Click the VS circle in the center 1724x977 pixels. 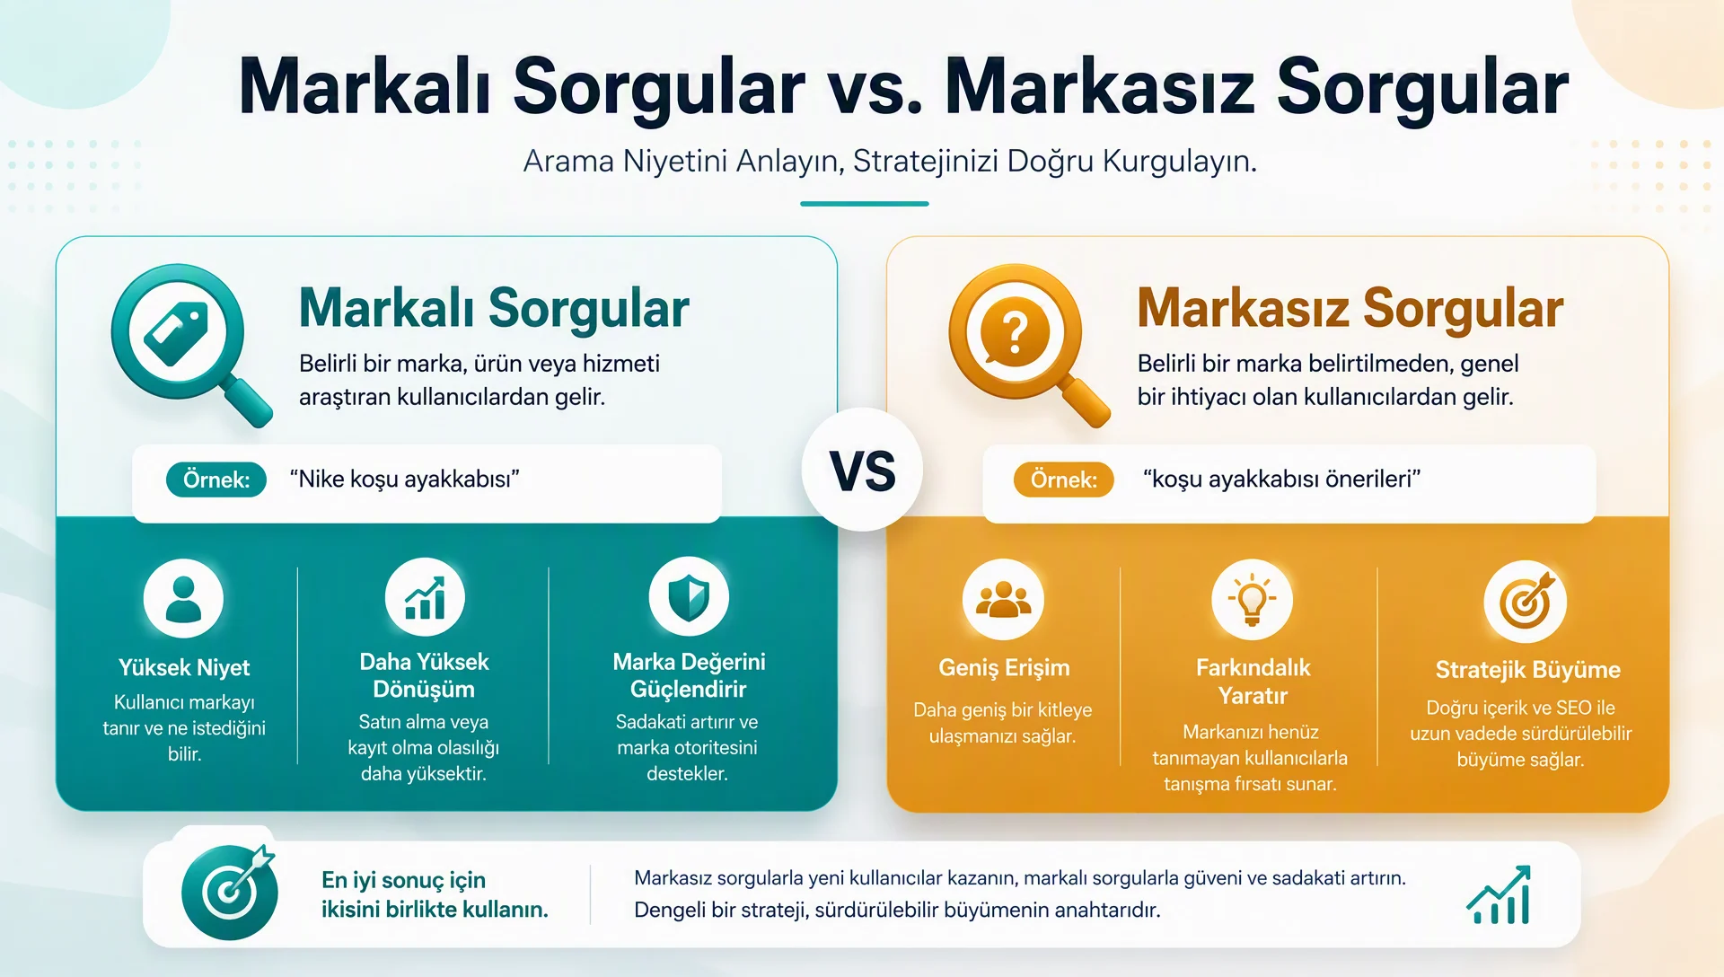(x=862, y=470)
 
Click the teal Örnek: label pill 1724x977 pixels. (x=216, y=480)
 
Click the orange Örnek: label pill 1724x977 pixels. (x=1064, y=480)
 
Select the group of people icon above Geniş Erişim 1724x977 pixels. (x=1003, y=599)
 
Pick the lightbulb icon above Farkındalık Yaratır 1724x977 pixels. (x=1252, y=599)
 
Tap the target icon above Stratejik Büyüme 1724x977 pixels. (x=1526, y=601)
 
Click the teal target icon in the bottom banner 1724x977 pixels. (x=230, y=892)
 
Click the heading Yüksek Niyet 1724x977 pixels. (x=184, y=667)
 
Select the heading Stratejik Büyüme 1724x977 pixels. (x=1527, y=669)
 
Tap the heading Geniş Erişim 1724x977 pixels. (x=1004, y=668)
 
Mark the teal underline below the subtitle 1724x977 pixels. (x=864, y=204)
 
